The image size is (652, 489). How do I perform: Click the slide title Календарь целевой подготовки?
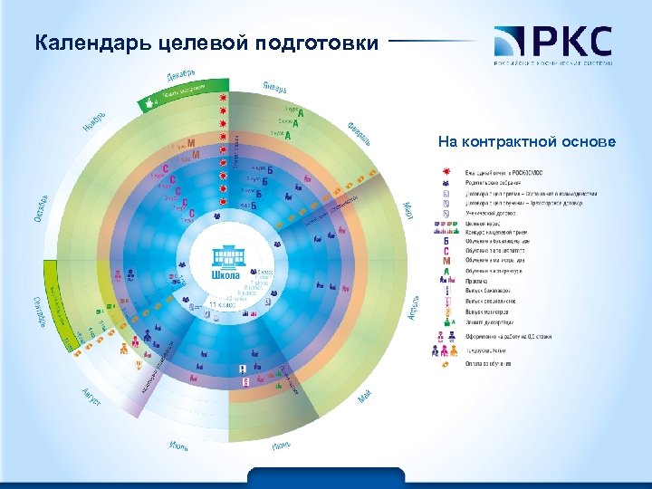[x=205, y=42]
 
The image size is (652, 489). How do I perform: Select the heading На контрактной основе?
[x=526, y=141]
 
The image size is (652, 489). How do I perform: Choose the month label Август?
[x=90, y=396]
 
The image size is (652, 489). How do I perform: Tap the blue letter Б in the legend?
[x=446, y=241]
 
